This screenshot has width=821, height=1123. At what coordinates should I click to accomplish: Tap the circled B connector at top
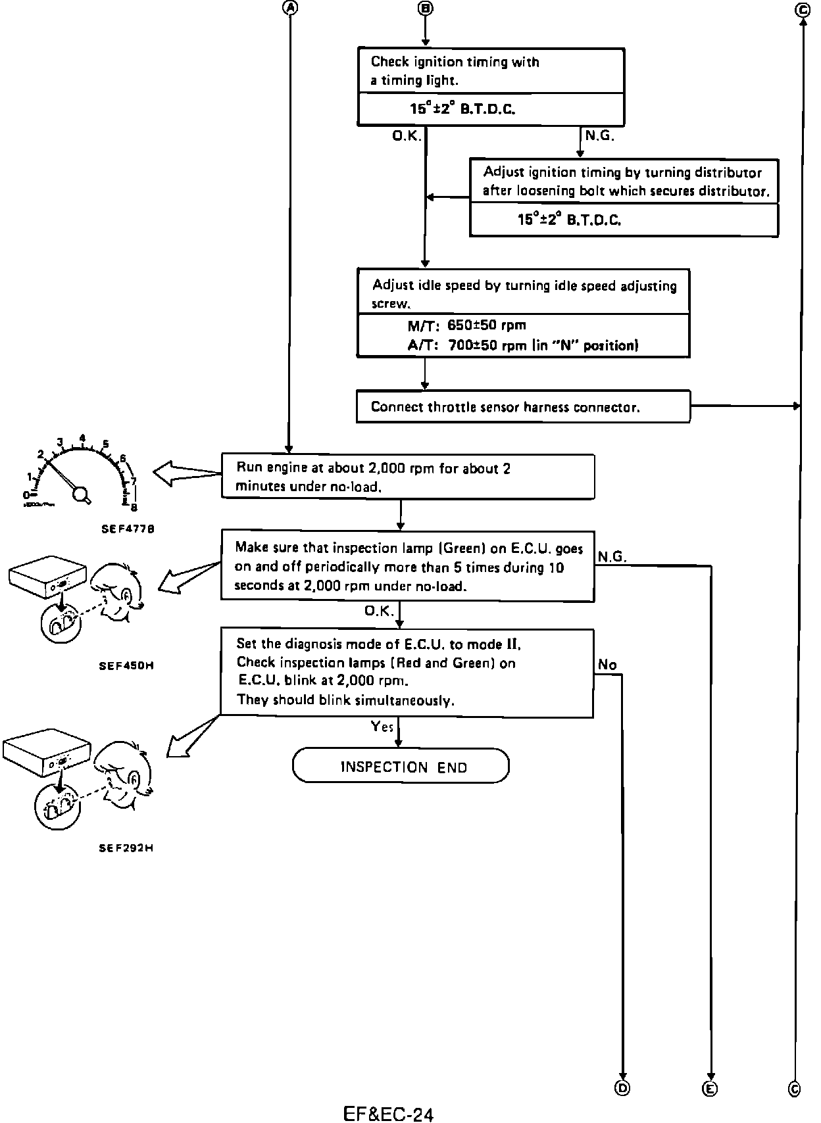pyautogui.click(x=426, y=7)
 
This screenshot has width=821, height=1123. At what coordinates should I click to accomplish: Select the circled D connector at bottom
pyautogui.click(x=622, y=1088)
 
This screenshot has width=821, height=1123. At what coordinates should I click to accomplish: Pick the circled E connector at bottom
pyautogui.click(x=710, y=1089)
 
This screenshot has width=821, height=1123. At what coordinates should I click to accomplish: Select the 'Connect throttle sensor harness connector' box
pyautogui.click(x=523, y=407)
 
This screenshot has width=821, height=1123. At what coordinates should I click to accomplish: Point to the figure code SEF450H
pyautogui.click(x=126, y=665)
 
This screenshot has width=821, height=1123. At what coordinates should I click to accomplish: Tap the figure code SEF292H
pyautogui.click(x=126, y=848)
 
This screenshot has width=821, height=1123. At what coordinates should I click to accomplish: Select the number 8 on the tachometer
pyautogui.click(x=134, y=507)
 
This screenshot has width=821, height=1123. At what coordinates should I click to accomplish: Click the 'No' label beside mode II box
pyautogui.click(x=607, y=665)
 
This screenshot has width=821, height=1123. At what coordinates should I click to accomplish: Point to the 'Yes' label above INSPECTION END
pyautogui.click(x=382, y=727)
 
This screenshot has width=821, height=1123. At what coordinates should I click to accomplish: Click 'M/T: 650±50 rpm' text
pyautogui.click(x=466, y=325)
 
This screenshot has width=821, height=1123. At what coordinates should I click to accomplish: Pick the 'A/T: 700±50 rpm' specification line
pyautogui.click(x=522, y=346)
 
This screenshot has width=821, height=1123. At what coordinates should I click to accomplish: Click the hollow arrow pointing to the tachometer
pyautogui.click(x=187, y=473)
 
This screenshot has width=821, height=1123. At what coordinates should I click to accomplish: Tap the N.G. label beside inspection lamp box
pyautogui.click(x=611, y=557)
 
